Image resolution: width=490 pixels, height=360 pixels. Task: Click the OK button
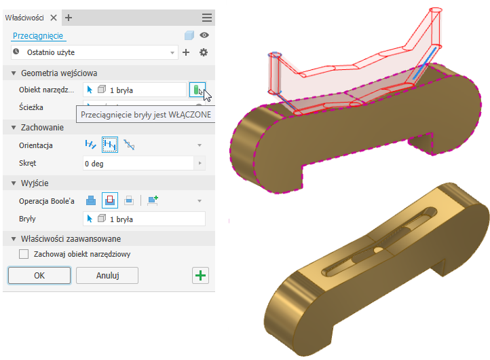point(39,275)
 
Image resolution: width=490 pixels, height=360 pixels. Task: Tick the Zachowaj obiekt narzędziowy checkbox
point(24,254)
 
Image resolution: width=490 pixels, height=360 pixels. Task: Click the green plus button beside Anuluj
point(200,275)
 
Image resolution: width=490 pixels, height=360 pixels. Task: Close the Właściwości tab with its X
point(54,18)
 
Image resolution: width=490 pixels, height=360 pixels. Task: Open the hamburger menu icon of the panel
point(207,18)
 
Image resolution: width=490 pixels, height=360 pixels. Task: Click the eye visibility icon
point(204,35)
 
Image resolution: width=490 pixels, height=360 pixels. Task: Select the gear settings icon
point(204,52)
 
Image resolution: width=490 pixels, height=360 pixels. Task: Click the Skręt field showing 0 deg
point(138,163)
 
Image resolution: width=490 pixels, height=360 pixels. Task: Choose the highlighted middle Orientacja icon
point(110,145)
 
